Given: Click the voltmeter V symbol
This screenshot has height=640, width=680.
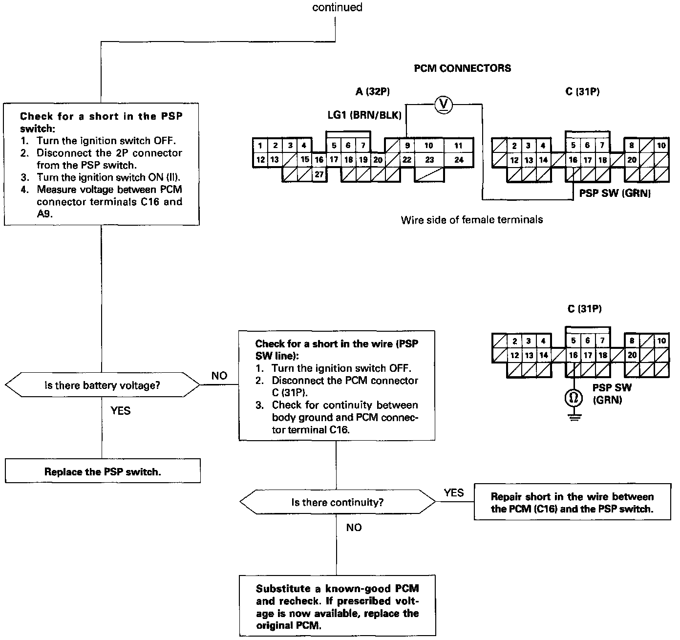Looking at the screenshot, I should pyautogui.click(x=444, y=104).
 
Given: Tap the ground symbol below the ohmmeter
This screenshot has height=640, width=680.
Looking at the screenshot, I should pyautogui.click(x=574, y=417).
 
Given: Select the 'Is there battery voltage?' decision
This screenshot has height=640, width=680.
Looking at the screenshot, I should pyautogui.click(x=102, y=385).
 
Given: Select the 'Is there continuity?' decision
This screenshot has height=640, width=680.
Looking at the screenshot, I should pyautogui.click(x=337, y=502).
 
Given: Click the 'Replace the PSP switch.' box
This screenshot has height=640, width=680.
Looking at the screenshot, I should pyautogui.click(x=103, y=471).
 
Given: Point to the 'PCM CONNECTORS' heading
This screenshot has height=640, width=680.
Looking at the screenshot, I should pyautogui.click(x=462, y=68).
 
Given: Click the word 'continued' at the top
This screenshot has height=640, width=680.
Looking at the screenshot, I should pyautogui.click(x=337, y=7).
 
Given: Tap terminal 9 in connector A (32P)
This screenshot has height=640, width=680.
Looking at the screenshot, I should pyautogui.click(x=407, y=145).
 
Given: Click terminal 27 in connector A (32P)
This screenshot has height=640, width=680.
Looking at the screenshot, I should pyautogui.click(x=319, y=174).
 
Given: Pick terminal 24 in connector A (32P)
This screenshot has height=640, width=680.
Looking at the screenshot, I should pyautogui.click(x=459, y=159).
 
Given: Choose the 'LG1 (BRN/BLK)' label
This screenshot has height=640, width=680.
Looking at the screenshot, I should pyautogui.click(x=364, y=115).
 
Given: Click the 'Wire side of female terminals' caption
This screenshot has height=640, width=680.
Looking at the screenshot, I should pyautogui.click(x=472, y=220).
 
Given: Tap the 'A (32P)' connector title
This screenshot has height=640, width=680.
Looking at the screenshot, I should pyautogui.click(x=373, y=91).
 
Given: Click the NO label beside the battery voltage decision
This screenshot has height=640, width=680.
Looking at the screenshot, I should pyautogui.click(x=219, y=376).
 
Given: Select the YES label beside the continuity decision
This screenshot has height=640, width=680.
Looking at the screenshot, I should pyautogui.click(x=454, y=492).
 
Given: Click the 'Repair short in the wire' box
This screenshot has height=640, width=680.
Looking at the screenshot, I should pyautogui.click(x=572, y=503).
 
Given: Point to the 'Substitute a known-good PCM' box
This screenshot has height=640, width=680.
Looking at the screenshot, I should pyautogui.click(x=337, y=607).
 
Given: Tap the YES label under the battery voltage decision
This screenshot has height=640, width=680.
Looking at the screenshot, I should pyautogui.click(x=120, y=410).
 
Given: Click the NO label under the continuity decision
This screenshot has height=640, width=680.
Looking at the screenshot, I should pyautogui.click(x=354, y=528).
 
